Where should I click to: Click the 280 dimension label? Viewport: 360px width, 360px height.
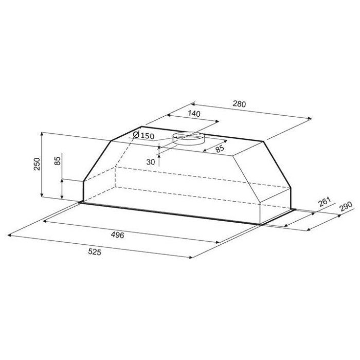click(239, 104)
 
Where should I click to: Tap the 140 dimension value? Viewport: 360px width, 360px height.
click(194, 114)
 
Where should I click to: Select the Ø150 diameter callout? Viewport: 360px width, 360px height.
click(143, 135)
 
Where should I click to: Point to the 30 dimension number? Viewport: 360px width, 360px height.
click(151, 162)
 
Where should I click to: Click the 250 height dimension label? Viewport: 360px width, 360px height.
click(37, 164)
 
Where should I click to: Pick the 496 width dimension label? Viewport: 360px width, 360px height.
click(118, 235)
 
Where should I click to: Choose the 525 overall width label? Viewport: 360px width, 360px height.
click(95, 252)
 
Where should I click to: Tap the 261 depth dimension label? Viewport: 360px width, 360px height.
click(324, 202)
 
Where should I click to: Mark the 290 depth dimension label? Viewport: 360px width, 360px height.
click(346, 206)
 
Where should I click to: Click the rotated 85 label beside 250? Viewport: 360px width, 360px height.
click(58, 160)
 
